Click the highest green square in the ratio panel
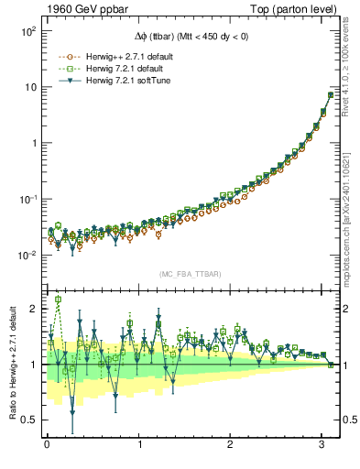tap(59, 300)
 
